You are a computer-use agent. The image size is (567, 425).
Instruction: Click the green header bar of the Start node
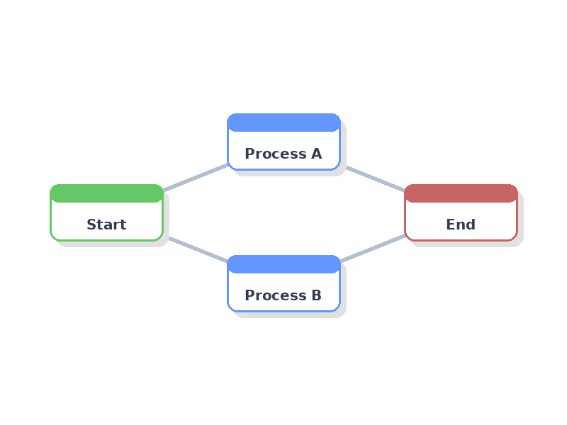pos(106,193)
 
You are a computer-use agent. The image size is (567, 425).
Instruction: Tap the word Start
pos(106,225)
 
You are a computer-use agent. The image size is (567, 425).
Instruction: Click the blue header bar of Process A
pos(283,123)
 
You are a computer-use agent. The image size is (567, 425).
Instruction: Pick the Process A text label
pos(283,154)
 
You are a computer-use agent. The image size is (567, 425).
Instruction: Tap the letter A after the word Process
pos(316,154)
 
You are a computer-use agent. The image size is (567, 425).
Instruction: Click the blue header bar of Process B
pos(283,264)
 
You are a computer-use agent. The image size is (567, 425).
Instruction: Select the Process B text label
pos(283,295)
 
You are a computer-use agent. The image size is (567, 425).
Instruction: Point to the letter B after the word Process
pos(316,295)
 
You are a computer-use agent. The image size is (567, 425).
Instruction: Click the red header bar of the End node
pos(461,193)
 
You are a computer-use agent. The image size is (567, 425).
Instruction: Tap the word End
pos(461,225)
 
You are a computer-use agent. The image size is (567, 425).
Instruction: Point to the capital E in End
pos(451,225)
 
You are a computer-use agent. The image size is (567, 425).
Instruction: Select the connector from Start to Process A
pos(196,177)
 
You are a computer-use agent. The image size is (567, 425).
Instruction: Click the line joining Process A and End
pos(375,178)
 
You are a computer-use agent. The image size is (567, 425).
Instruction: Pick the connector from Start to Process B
pos(198,249)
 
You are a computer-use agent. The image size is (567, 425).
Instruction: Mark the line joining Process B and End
pos(373,248)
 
